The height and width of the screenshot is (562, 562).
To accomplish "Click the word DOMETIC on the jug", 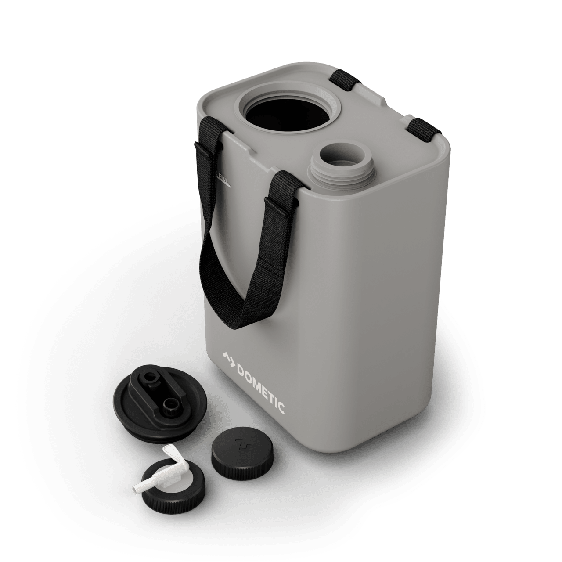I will pyautogui.click(x=261, y=386).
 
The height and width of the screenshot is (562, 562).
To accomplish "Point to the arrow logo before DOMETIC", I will pyautogui.click(x=227, y=359).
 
